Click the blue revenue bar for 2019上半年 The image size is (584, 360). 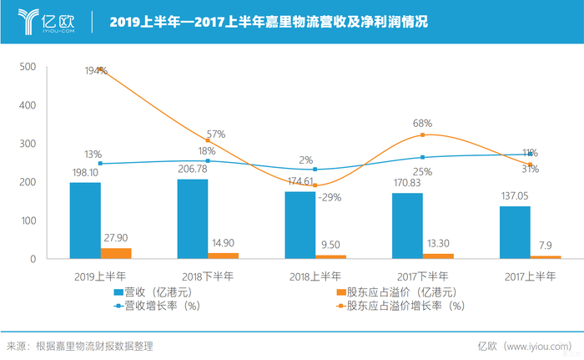click(85, 221)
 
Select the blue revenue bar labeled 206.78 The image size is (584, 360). click(193, 219)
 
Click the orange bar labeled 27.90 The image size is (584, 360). click(116, 253)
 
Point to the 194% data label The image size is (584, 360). click(96, 71)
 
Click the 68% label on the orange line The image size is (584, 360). click(422, 124)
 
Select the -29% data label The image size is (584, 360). click(329, 197)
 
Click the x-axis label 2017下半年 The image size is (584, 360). click(422, 276)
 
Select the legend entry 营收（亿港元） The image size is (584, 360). click(155, 292)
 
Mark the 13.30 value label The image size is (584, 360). click(437, 243)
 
